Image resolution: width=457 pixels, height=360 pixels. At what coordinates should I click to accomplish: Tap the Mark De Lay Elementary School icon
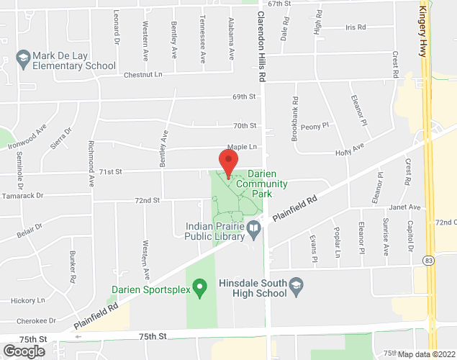coord(23,57)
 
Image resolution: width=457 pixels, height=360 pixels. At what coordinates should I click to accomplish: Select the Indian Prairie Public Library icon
coord(253,229)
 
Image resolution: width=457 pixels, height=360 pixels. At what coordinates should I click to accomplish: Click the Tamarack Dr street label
coord(22,195)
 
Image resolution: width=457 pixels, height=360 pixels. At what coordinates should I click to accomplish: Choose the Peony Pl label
coord(315,125)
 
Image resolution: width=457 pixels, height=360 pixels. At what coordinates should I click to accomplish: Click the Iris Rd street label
coord(356,27)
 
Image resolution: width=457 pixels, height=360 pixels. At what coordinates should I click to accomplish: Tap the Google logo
coord(23,351)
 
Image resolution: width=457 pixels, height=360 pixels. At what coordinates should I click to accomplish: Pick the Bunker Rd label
coord(73,267)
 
